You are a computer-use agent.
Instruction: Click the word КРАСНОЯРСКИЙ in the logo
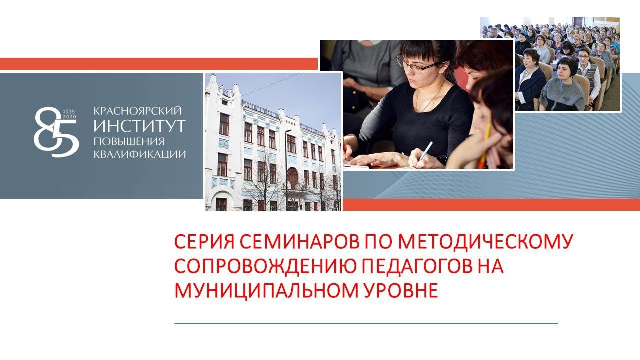point(137,110)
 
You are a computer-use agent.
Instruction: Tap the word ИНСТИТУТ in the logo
point(139,125)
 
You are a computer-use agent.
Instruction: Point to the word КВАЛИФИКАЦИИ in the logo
point(140,154)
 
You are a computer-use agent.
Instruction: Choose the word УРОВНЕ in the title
point(399,290)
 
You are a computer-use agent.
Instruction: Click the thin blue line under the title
point(366,323)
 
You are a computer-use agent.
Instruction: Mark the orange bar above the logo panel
point(158,64)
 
